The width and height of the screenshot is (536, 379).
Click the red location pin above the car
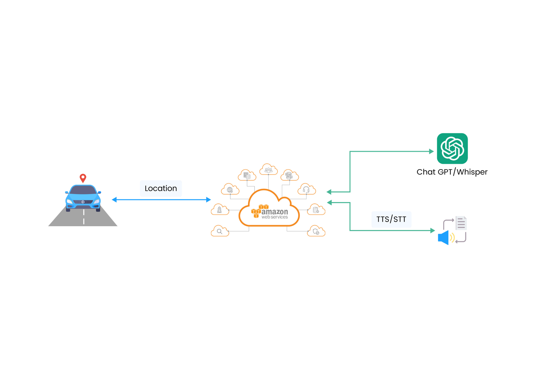[x=83, y=178]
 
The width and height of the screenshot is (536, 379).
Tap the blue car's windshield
[x=83, y=190]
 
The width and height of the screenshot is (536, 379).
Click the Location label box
[x=161, y=188]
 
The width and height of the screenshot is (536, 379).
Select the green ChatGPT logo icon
[x=452, y=148]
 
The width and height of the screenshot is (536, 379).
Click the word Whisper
[x=472, y=172]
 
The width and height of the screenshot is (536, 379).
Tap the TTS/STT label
[x=391, y=219]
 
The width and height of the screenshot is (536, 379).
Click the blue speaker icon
[x=444, y=237]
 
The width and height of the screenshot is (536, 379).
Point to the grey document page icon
[x=461, y=223]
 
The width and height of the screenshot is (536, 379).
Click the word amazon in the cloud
[x=274, y=212]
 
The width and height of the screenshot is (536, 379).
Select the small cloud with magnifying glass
[x=220, y=231]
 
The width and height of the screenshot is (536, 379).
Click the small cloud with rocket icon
[x=220, y=210]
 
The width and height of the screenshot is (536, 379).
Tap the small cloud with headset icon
[x=306, y=189]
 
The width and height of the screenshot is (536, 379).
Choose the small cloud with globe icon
[x=230, y=189]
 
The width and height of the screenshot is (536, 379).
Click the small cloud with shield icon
[x=316, y=231]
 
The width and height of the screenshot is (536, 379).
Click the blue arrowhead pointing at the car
[x=114, y=200]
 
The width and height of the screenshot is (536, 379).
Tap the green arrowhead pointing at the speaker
[x=432, y=231]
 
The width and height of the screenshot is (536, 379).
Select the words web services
[x=274, y=217]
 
